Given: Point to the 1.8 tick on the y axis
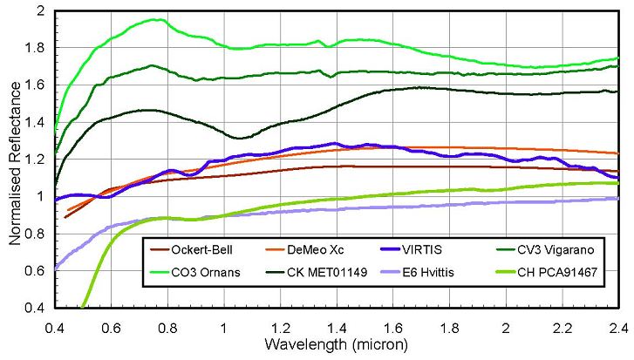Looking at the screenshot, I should (36, 49).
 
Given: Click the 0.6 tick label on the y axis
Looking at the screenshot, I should (36, 270).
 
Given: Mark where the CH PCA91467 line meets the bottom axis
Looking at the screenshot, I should (83, 306).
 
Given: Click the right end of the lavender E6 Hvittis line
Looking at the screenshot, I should (617, 199).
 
